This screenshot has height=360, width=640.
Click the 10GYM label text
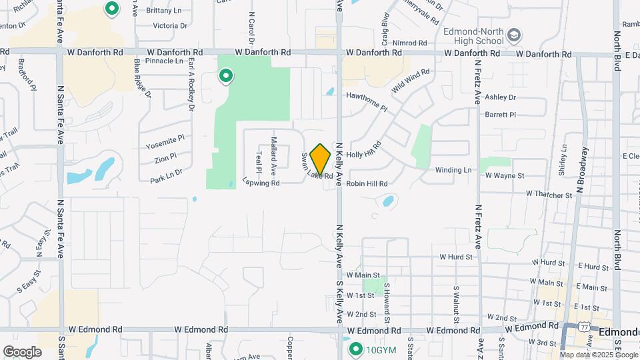[x=381, y=349]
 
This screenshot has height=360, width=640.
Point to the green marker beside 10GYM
[x=355, y=349]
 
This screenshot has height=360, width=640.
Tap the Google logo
[x=22, y=351]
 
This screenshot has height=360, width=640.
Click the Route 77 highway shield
[x=584, y=327]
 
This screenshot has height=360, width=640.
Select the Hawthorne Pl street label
[x=366, y=95]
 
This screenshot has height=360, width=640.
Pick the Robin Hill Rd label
[x=367, y=183]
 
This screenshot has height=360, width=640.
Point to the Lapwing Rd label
[x=261, y=181]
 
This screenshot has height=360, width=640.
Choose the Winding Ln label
[x=453, y=170]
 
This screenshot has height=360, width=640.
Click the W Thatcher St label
[x=549, y=195]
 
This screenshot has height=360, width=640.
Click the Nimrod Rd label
[x=405, y=43]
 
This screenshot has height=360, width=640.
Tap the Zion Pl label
[x=165, y=159]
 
